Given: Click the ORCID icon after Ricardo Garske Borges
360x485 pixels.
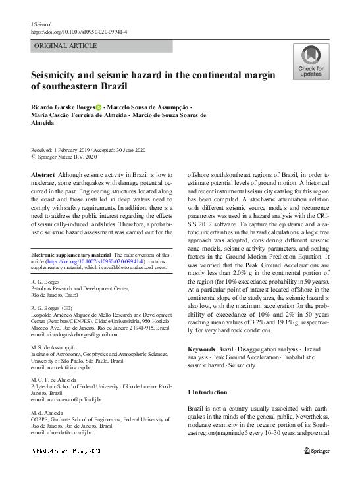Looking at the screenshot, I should [x=99, y=107].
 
